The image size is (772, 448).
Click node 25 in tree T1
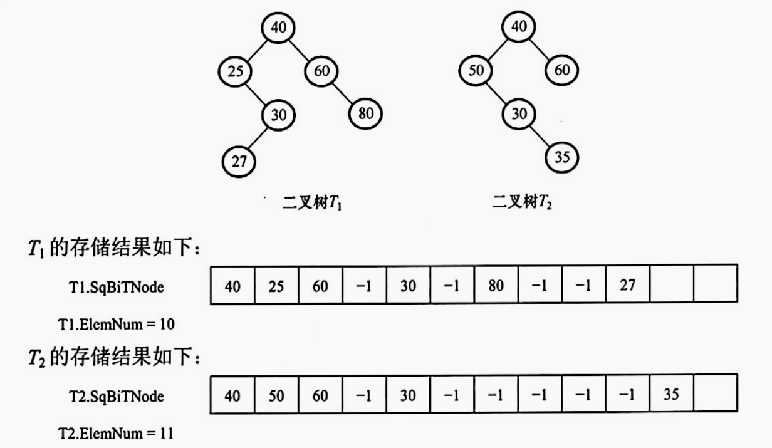pyautogui.click(x=235, y=71)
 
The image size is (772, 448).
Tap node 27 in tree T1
pyautogui.click(x=239, y=161)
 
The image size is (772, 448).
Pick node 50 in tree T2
pyautogui.click(x=476, y=71)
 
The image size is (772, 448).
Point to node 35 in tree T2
pyautogui.click(x=562, y=157)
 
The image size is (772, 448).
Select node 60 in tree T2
pyautogui.click(x=562, y=71)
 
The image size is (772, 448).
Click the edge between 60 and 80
pyautogui.click(x=342, y=93)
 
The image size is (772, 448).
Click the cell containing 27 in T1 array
pyautogui.click(x=629, y=286)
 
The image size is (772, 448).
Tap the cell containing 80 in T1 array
pyautogui.click(x=496, y=286)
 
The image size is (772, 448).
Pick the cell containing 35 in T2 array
pyautogui.click(x=672, y=395)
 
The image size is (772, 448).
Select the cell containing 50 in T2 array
pyautogui.click(x=276, y=395)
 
